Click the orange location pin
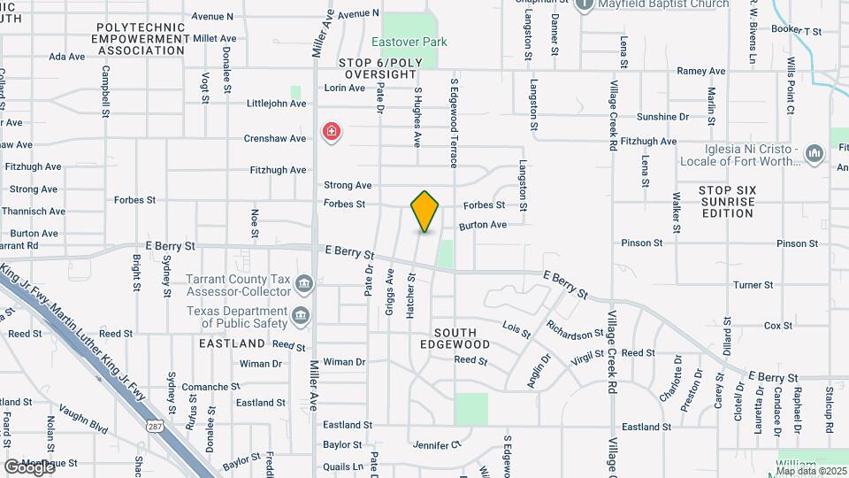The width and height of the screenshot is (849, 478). point(425,211)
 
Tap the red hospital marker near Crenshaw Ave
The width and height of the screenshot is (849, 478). point(332,134)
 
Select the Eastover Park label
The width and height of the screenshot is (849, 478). point(409,42)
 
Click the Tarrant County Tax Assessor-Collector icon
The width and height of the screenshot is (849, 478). point(304,284)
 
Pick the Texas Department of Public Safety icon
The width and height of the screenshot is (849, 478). point(301,316)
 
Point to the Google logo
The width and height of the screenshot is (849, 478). point(29,466)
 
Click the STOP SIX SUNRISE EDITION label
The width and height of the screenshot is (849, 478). point(726,202)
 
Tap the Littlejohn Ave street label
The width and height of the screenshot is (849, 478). point(277,104)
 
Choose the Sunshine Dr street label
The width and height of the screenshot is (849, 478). point(662,117)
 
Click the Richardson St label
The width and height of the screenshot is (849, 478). point(574,335)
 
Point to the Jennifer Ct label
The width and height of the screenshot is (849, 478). point(437,445)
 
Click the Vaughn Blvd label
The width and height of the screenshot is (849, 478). point(84,418)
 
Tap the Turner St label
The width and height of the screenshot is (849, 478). point(753,285)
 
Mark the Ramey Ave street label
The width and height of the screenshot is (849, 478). point(700,71)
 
